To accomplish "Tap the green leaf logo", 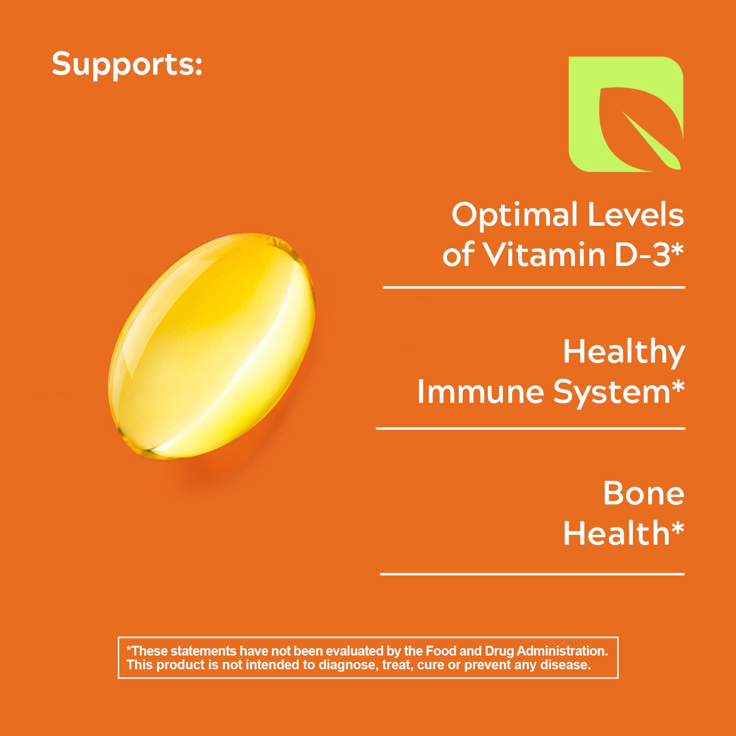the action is point(626,114).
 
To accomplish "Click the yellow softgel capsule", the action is point(211,346).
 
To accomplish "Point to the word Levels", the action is point(635,214).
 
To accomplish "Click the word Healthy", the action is point(624,353).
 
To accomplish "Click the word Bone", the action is point(643,493).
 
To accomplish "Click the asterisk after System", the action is point(678,386).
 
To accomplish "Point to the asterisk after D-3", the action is point(677,248).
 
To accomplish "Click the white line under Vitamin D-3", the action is point(534,288).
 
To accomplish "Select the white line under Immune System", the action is point(530,428).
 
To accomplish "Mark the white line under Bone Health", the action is point(532,574).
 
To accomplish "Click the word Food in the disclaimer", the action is point(441,651).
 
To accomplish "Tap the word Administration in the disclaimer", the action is point(562,651).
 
